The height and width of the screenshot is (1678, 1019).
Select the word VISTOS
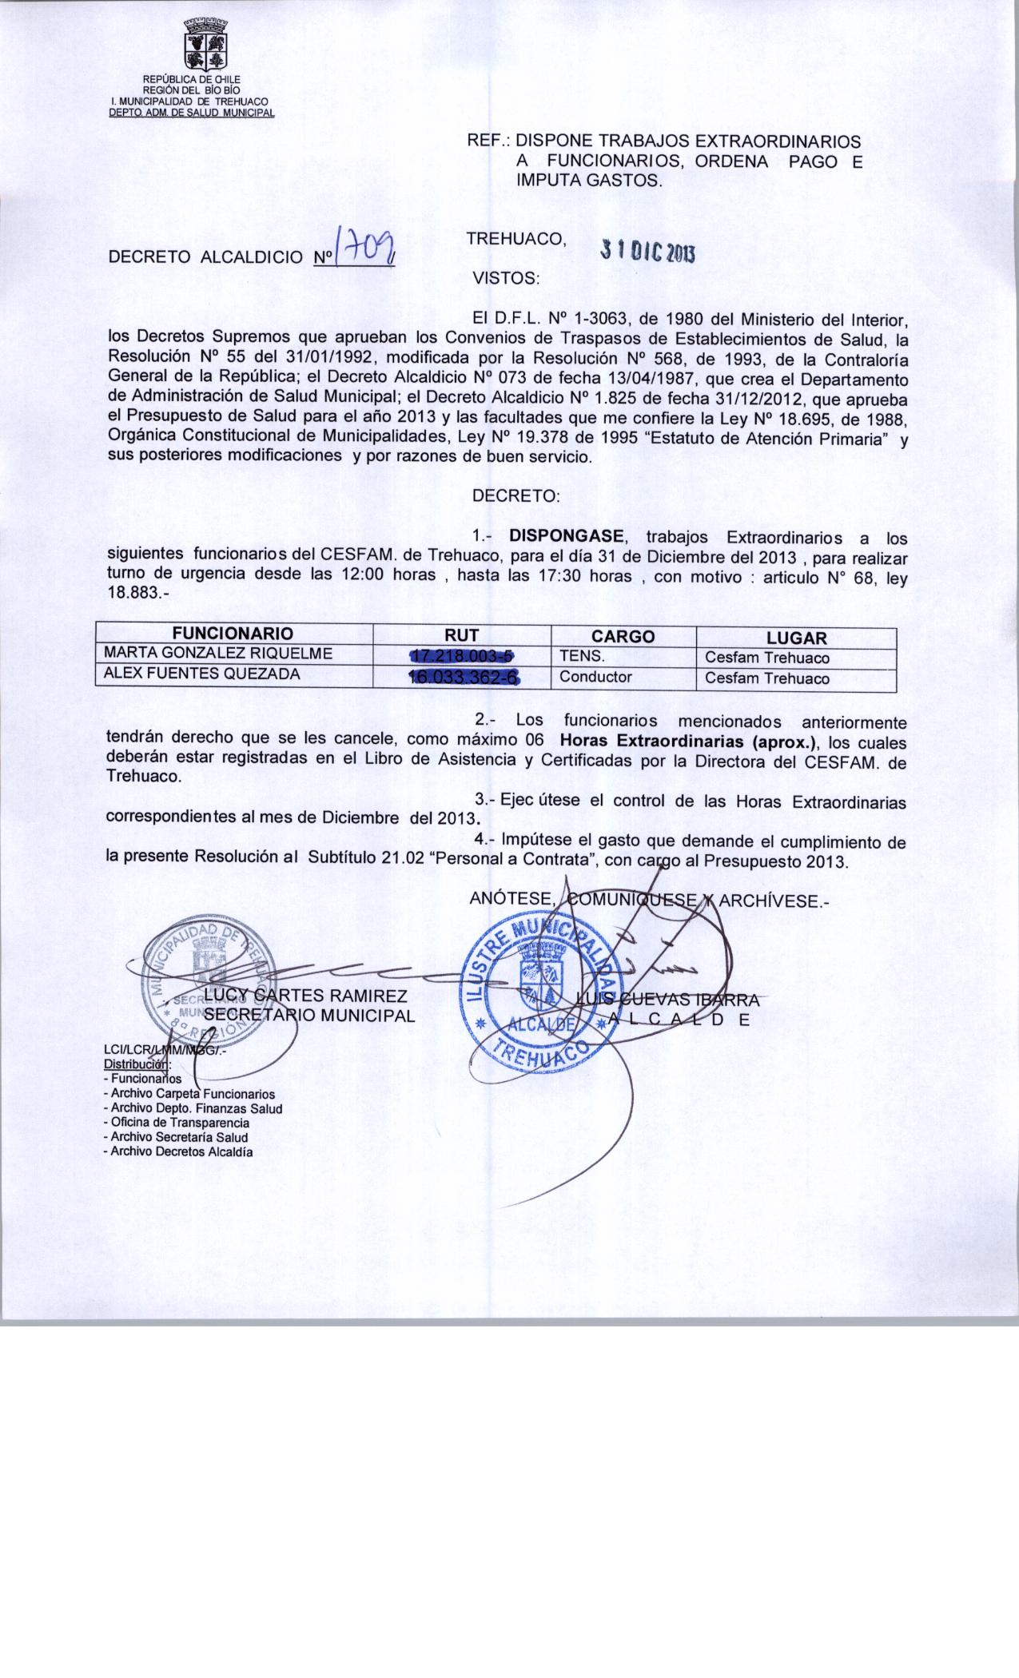click(507, 280)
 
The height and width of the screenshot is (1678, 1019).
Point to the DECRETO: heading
click(516, 495)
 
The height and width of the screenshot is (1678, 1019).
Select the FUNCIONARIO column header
click(234, 635)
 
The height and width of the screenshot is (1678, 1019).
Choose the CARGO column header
click(623, 636)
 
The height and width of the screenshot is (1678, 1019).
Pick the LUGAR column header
click(796, 638)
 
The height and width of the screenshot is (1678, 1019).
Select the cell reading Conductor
click(595, 678)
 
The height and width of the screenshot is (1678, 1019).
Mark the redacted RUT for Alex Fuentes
click(464, 678)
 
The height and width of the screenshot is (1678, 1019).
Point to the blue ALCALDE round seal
click(543, 986)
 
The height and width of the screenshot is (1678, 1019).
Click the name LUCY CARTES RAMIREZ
click(306, 996)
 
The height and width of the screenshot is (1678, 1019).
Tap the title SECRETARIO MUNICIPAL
click(309, 1016)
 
